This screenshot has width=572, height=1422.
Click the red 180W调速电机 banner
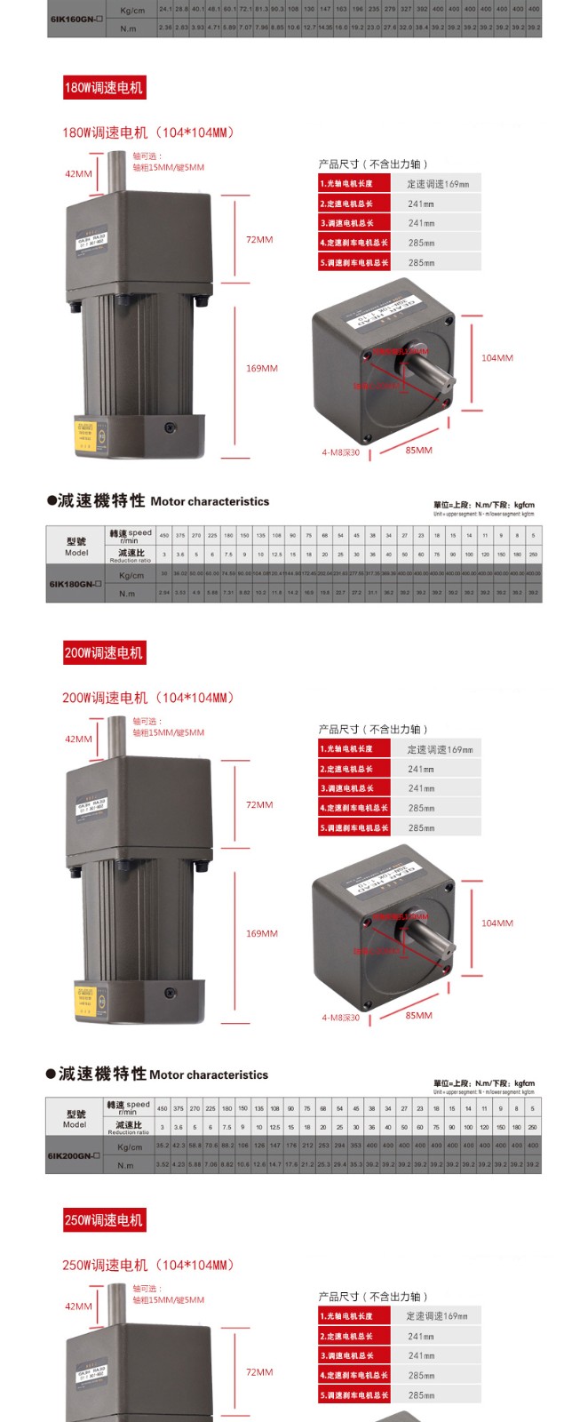pos(103,87)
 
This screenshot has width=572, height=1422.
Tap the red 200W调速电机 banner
pos(103,652)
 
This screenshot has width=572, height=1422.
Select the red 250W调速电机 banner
pos(103,1219)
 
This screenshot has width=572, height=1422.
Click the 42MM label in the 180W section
pos(78,174)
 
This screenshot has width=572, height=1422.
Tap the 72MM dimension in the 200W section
pos(259,805)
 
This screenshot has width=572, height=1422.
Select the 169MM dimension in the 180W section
pos(261,368)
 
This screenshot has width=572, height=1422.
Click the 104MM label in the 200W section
pos(497,923)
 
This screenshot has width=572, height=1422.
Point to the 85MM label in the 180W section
pos(418,451)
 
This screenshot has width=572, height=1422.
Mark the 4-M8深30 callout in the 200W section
pos(341,1018)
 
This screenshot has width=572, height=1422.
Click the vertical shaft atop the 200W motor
pos(115,738)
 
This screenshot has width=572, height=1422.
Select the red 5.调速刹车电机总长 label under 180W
pos(354,263)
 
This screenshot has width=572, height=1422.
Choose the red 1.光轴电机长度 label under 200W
pos(354,749)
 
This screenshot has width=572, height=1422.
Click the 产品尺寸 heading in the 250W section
pos(373,1297)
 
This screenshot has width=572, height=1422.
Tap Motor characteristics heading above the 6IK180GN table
pos(210,501)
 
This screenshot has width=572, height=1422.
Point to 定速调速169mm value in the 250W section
pos(437,1316)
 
